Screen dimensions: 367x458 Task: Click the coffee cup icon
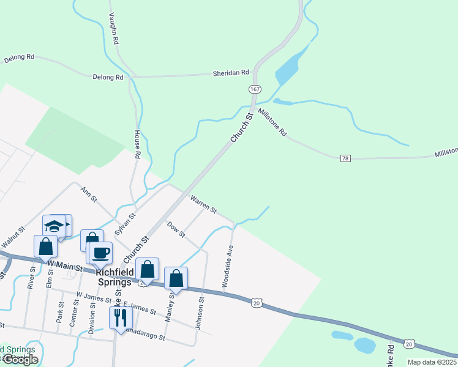(102, 252)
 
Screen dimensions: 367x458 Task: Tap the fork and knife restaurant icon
(121, 316)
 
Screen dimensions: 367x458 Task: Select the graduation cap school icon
(54, 225)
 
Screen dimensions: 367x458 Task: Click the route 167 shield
(254, 89)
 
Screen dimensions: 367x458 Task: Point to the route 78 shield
(346, 158)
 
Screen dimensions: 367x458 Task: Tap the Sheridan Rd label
(231, 73)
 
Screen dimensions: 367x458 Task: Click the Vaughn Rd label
(113, 29)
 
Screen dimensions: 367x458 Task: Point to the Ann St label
(89, 194)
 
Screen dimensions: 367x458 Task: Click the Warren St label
(203, 204)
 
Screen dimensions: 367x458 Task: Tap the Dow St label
(176, 229)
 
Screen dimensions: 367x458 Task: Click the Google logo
(20, 360)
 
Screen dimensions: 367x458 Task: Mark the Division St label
(92, 316)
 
